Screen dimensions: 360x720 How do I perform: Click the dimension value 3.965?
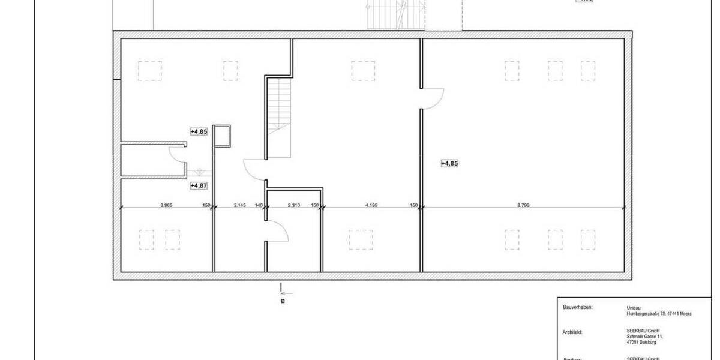point(166,205)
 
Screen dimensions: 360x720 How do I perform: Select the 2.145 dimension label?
point(240,205)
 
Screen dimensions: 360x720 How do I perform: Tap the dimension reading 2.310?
point(294,205)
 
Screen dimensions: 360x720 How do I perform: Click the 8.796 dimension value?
point(523,205)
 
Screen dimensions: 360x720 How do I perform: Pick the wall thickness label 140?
point(259,205)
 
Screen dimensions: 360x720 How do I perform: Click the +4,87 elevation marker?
point(199,186)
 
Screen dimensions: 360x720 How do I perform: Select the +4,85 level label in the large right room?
point(449,163)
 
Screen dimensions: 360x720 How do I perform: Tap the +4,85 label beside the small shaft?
point(199,131)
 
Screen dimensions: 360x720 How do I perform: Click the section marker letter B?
point(283,301)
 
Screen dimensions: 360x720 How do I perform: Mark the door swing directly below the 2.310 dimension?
point(277,230)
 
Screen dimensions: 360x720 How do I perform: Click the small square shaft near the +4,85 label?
point(222,136)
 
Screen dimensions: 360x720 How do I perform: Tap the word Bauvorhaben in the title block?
point(578,307)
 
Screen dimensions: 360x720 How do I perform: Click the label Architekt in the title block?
point(573,331)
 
